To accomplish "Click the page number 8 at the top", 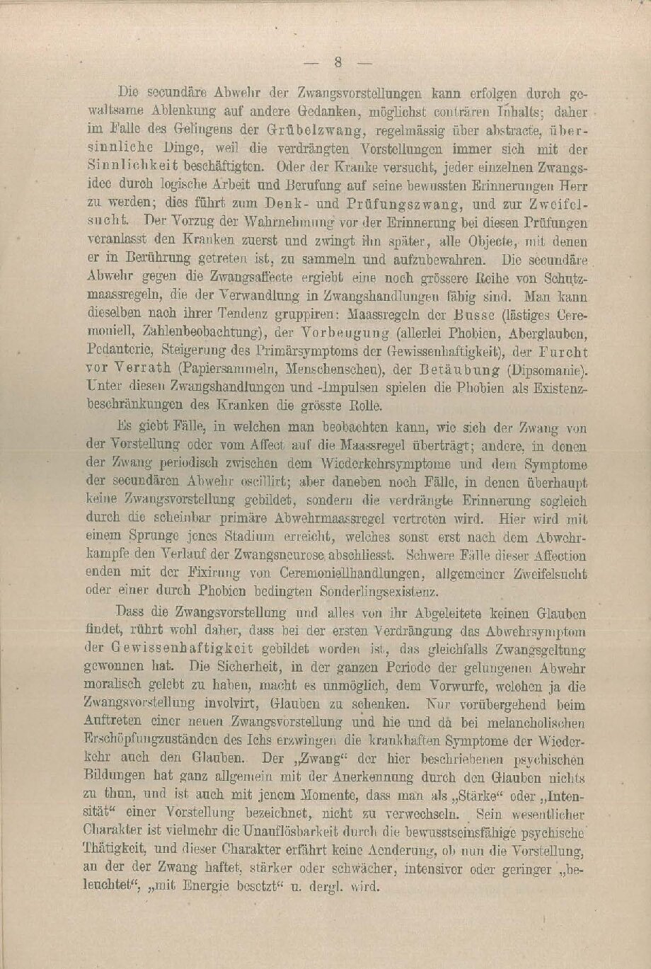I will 338,62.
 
